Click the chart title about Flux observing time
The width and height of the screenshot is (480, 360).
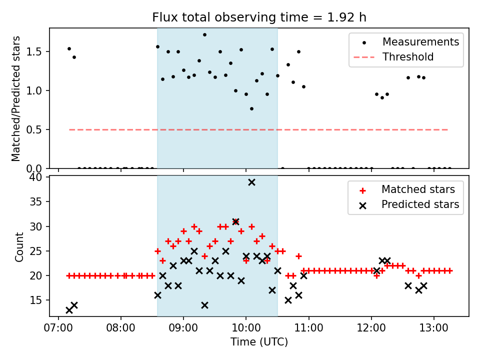[x=259, y=17]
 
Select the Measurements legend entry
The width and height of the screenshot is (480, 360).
[x=420, y=42]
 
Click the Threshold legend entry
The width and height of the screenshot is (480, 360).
[x=407, y=57]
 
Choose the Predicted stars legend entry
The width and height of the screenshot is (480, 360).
[x=420, y=204]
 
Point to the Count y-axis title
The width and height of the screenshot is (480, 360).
[x=19, y=247]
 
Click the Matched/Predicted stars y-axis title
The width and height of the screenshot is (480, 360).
[x=16, y=98]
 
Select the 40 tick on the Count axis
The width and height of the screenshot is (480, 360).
[x=39, y=177]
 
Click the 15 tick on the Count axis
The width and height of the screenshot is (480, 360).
[x=39, y=300]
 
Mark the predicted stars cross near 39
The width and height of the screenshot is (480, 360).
[x=251, y=182]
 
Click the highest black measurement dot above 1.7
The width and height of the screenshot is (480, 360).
[x=204, y=34]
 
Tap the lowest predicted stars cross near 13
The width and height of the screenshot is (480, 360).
[x=69, y=310]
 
